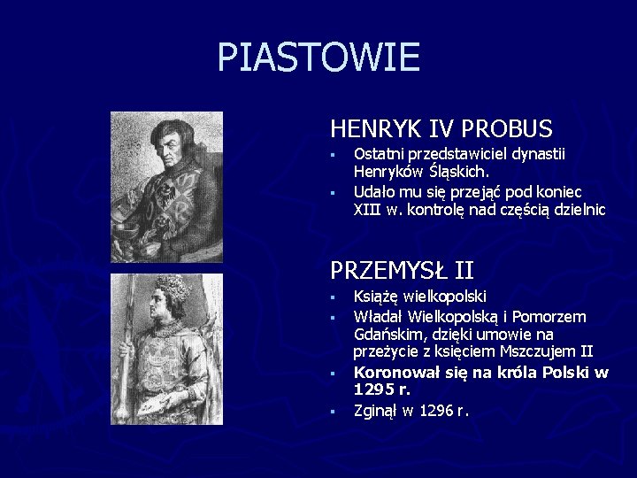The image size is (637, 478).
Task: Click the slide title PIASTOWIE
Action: pyautogui.click(x=318, y=58)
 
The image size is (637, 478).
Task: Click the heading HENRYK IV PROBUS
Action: pyautogui.click(x=441, y=129)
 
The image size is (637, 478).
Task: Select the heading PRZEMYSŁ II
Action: pyautogui.click(x=402, y=267)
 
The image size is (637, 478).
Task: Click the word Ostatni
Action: pyautogui.click(x=378, y=154)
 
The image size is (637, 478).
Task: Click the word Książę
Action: pyautogui.click(x=378, y=297)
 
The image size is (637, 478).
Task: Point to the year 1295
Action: pyautogui.click(x=371, y=389)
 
